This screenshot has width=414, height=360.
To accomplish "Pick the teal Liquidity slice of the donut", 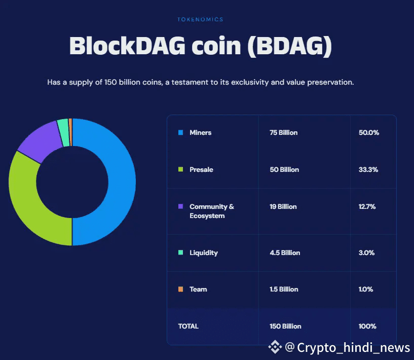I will [63, 126].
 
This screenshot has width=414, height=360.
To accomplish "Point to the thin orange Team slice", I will [70, 125].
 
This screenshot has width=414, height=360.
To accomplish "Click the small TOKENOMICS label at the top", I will [200, 19].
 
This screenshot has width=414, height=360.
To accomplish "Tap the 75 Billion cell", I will [283, 132].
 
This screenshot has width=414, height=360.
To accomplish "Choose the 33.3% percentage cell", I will [368, 169].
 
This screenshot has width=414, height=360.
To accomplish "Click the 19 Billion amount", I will [283, 206].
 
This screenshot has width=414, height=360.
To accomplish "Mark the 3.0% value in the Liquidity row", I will [366, 253].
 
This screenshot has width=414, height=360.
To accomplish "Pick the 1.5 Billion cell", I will [284, 289].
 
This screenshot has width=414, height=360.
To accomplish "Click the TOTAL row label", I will [189, 326].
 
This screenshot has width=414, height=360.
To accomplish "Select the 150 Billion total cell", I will [285, 326].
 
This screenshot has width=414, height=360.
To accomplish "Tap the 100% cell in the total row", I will [367, 326].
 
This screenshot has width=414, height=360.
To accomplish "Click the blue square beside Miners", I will [180, 132].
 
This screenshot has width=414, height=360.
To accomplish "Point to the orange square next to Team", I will [180, 289].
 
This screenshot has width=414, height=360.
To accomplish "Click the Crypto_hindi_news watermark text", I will [353, 347].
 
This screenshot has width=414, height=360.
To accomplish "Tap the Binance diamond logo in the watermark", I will [275, 347].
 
